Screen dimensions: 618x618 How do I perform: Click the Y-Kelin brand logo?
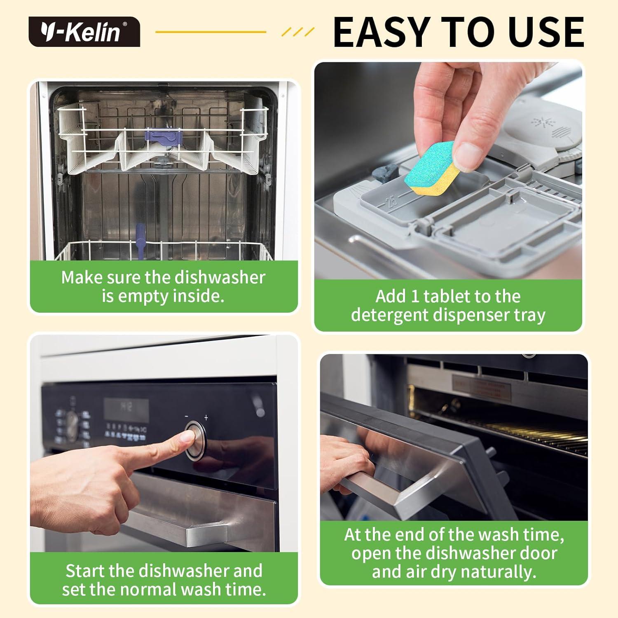[x=84, y=32]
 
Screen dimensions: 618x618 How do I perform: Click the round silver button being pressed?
[x=195, y=440]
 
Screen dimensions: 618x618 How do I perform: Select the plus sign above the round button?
[x=206, y=418]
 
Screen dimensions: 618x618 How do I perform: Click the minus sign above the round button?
[x=187, y=417]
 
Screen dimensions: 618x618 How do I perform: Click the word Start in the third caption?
[x=85, y=571]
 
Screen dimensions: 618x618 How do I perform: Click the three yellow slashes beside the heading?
[x=298, y=32]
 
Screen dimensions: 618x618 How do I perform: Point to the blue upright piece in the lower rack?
[x=140, y=241]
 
